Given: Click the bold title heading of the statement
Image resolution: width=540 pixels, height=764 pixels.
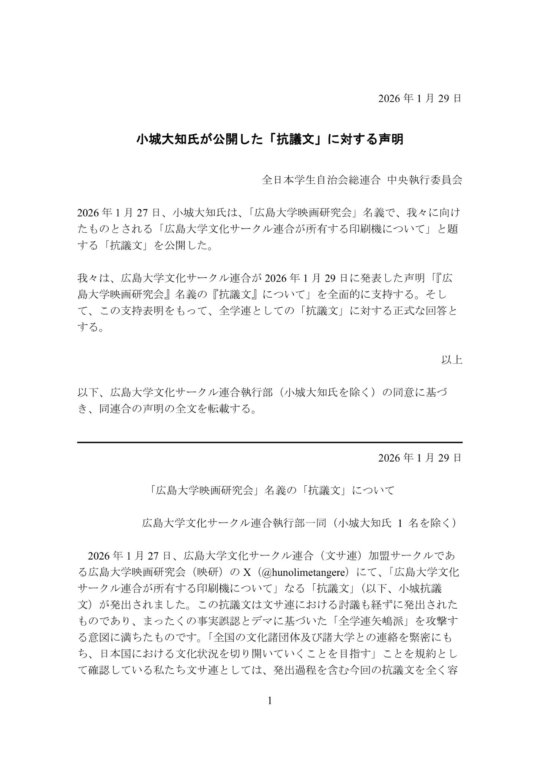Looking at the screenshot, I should [x=270, y=140].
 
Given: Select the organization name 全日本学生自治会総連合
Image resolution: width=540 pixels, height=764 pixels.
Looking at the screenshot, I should [x=321, y=180].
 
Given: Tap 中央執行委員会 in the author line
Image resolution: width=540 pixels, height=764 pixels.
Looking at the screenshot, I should [x=425, y=180].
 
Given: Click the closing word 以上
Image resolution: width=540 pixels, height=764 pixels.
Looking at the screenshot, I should [x=451, y=360].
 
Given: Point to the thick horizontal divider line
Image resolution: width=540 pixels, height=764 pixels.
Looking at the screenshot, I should [x=270, y=442].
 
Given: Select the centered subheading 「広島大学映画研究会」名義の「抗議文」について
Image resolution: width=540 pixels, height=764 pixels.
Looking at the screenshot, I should [x=270, y=491].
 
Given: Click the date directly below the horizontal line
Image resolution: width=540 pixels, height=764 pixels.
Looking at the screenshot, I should [x=420, y=458].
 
